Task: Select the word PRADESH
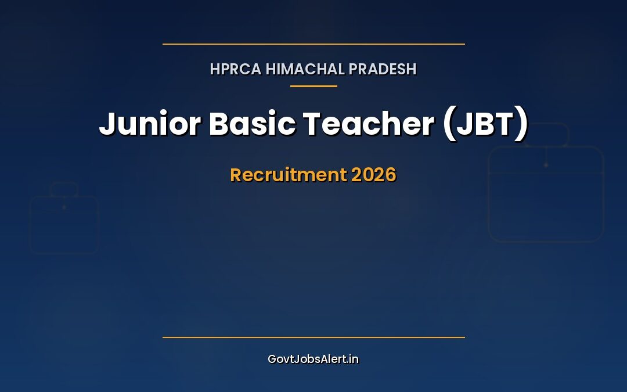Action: click(383, 69)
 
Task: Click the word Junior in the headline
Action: click(149, 124)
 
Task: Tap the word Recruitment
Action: click(288, 175)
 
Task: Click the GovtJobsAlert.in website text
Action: click(313, 359)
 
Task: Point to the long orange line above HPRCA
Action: click(313, 44)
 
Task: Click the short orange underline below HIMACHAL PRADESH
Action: click(313, 86)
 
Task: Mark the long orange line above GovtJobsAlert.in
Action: click(313, 337)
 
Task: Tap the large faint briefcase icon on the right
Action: click(546, 194)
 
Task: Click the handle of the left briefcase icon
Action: click(64, 189)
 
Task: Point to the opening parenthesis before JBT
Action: click(449, 124)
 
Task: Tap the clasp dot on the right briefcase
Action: click(546, 165)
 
